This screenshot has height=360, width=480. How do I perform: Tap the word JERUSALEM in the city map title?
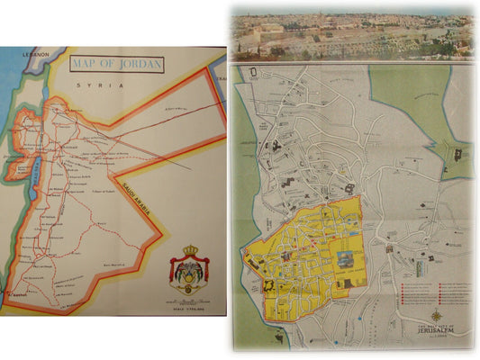point(437,329)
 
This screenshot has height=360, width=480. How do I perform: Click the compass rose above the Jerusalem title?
point(437,315)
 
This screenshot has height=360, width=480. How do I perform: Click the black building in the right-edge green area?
point(458,155)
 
